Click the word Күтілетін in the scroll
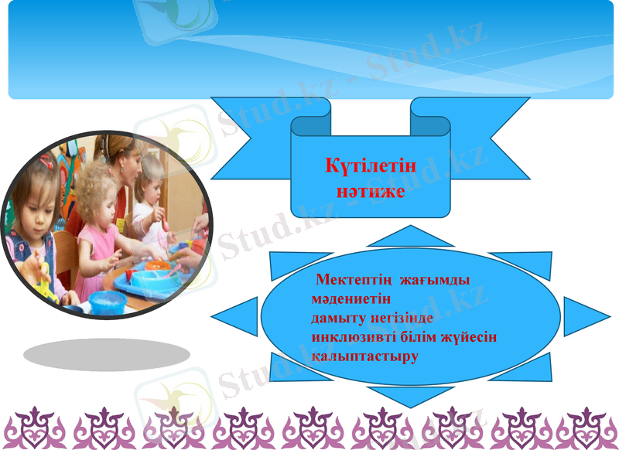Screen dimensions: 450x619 pos(371,165)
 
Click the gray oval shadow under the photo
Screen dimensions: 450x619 pos(107,355)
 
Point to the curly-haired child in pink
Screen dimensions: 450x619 pos(98,216)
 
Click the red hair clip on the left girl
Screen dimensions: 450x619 pos(48,162)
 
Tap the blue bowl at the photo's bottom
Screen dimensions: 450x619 pos(107,299)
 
